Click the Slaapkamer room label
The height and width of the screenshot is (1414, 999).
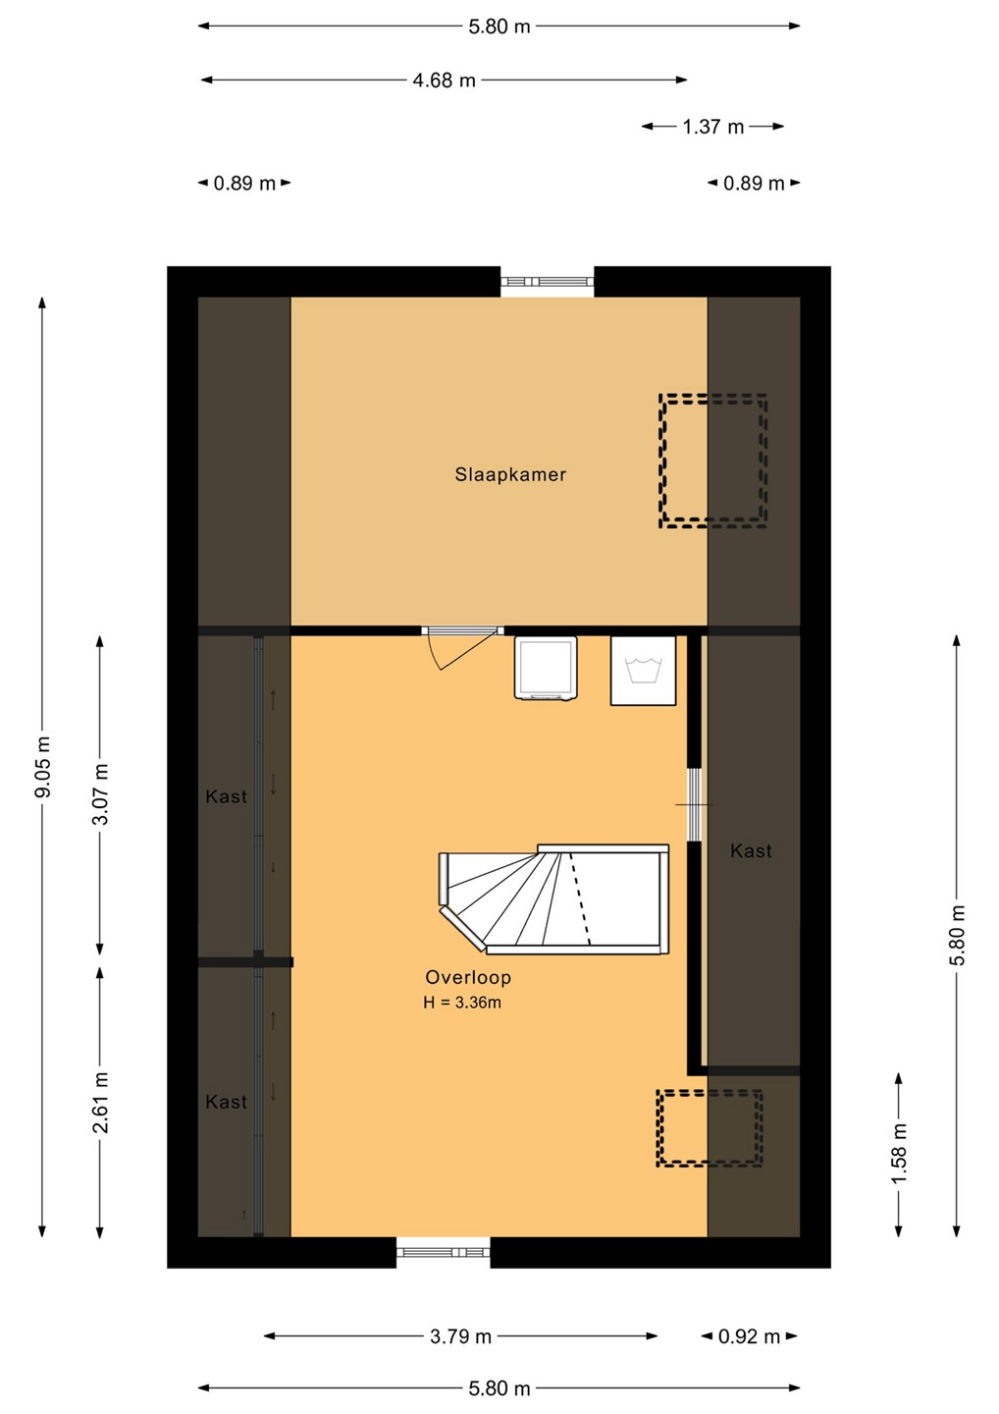coord(510,474)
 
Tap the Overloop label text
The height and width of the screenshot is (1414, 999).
coord(468,977)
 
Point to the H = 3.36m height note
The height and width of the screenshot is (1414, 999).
coord(462,1003)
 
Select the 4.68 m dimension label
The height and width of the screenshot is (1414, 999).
coord(444,81)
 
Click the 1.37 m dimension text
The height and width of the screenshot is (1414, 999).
coord(713,127)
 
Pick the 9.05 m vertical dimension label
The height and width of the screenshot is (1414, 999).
coord(43,766)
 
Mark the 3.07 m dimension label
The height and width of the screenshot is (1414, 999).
coord(101,794)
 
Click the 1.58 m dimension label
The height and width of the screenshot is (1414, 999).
coord(899,1155)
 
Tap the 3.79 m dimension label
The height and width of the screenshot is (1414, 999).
coord(460,1336)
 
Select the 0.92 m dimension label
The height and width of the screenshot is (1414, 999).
coord(750,1336)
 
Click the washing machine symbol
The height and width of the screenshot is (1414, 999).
coord(644,671)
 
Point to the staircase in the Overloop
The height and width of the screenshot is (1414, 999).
coord(553,898)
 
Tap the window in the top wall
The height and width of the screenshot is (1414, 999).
coord(548,282)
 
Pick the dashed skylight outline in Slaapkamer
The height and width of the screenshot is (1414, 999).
coord(713,461)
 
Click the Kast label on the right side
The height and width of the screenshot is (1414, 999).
coord(751,851)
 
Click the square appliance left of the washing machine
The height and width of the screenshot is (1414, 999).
coord(547,668)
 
